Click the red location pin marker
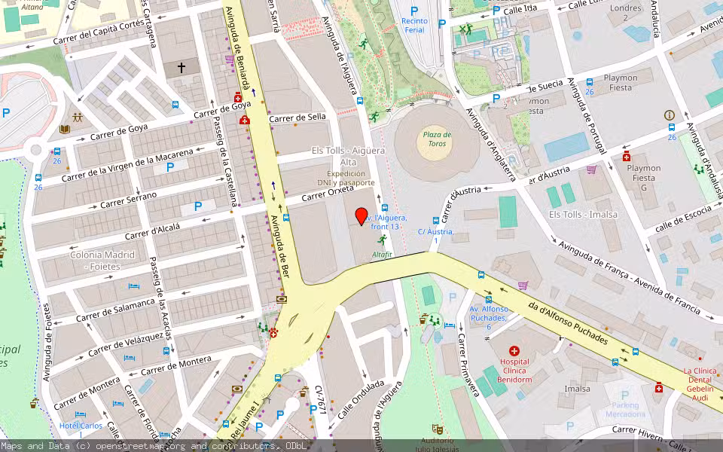[x=361, y=215]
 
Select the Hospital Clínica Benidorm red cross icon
[x=514, y=351]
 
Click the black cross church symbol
[x=181, y=68]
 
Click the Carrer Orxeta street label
[x=328, y=194]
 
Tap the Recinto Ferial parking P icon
[x=413, y=11]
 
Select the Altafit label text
[x=383, y=255]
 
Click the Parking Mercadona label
[x=625, y=410]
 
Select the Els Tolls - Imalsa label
[x=583, y=215]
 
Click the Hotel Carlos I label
[x=81, y=426]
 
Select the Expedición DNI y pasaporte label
[x=346, y=178]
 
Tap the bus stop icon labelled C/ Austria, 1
[x=435, y=221]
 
